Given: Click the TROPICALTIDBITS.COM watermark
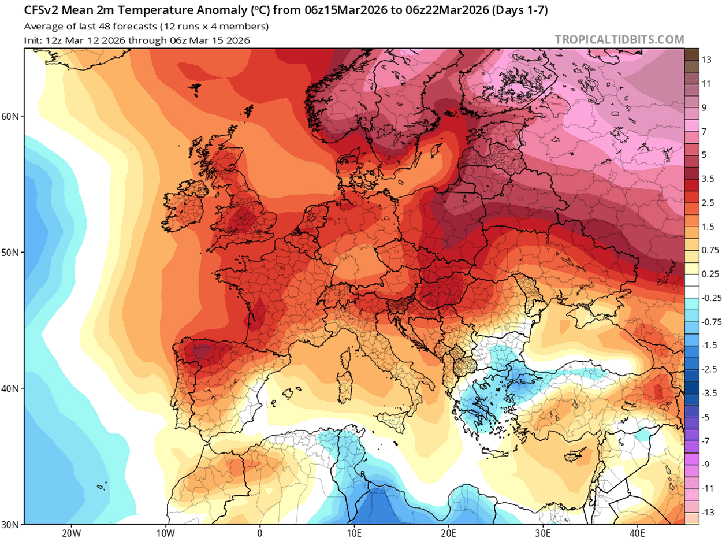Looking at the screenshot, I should [x=619, y=40].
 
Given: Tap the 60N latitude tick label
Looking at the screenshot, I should [x=10, y=116].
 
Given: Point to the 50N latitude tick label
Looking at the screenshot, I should [x=10, y=253].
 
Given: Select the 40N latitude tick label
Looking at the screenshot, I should [x=10, y=388].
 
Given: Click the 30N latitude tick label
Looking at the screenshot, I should [x=10, y=524].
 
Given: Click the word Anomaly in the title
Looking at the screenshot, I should [x=190, y=11].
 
